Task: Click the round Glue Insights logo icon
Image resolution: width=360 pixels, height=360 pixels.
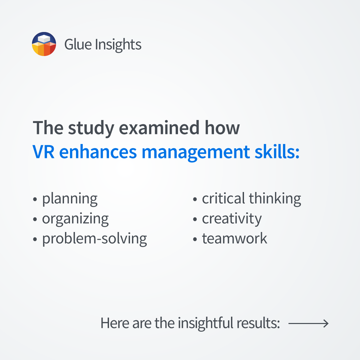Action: (x=44, y=44)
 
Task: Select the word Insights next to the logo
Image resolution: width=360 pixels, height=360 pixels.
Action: (x=118, y=45)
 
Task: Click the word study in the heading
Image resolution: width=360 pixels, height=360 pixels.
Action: (x=91, y=128)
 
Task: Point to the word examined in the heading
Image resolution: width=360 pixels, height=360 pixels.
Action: (x=159, y=128)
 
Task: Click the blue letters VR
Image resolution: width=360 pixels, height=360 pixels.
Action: (x=44, y=152)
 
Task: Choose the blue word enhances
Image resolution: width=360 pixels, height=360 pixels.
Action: (x=98, y=152)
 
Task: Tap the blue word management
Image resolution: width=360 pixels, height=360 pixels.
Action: (x=196, y=152)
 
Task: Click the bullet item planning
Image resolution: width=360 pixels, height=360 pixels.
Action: (x=70, y=199)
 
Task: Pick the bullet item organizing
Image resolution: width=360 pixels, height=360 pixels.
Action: (x=75, y=219)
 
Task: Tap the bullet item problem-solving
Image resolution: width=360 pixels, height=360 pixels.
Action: (x=95, y=239)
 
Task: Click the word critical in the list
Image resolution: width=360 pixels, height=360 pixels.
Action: (x=223, y=198)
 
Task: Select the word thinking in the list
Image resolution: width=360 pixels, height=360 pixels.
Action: (x=275, y=199)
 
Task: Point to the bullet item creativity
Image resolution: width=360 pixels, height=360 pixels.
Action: (x=232, y=219)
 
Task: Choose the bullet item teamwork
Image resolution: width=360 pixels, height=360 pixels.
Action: (x=235, y=238)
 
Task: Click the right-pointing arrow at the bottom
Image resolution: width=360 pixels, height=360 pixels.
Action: (x=308, y=323)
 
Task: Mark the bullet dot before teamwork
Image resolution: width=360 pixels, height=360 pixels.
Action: (x=195, y=239)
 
